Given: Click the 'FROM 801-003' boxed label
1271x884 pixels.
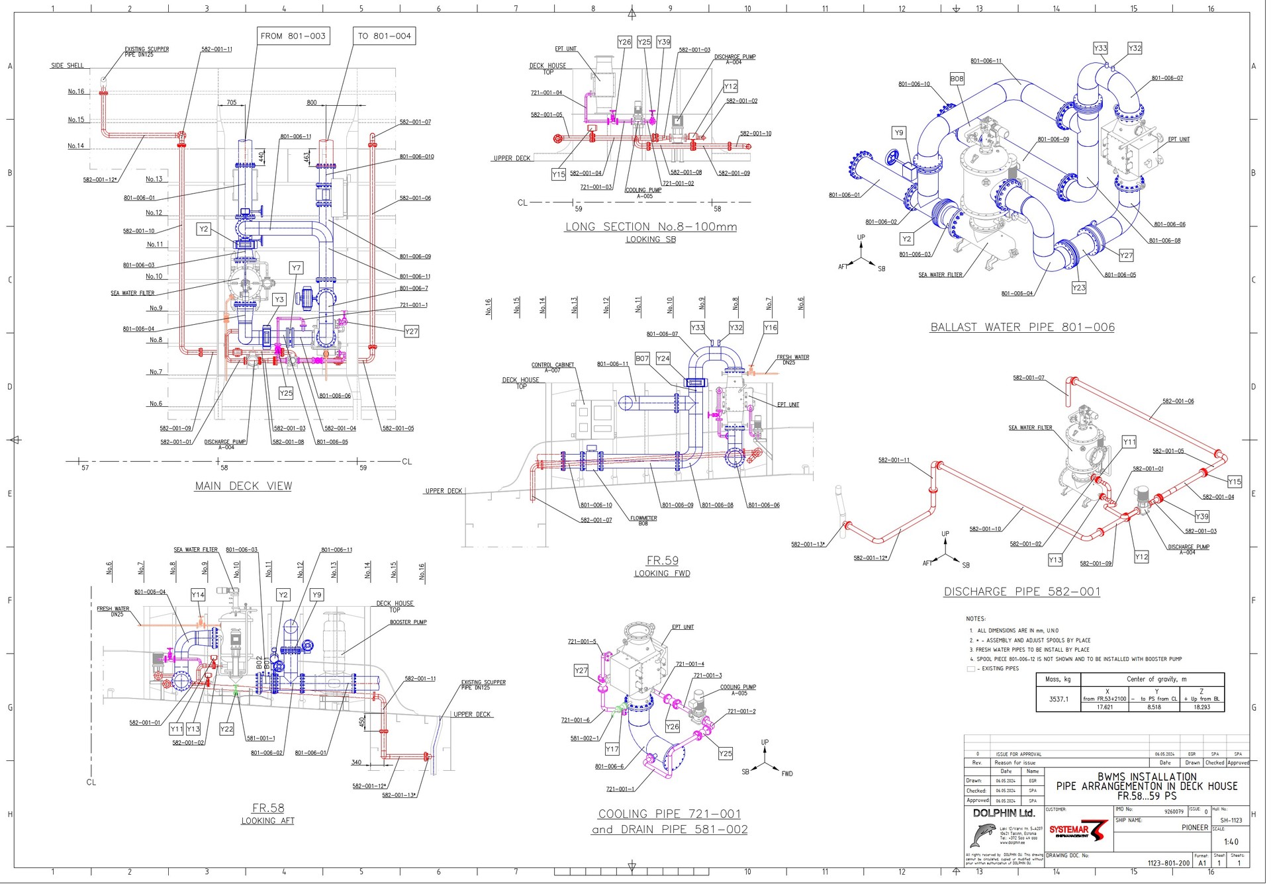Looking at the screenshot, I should pyautogui.click(x=293, y=36).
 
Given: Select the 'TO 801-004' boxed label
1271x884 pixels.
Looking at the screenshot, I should pyautogui.click(x=384, y=36).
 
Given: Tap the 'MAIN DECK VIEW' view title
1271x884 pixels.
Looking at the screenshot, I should pyautogui.click(x=243, y=486).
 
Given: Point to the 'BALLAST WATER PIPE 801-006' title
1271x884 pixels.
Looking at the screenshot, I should pyautogui.click(x=1022, y=327).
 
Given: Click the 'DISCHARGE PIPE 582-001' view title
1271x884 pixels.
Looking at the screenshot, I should pyautogui.click(x=1021, y=592).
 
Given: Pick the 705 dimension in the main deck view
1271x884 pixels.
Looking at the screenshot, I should pyautogui.click(x=231, y=103).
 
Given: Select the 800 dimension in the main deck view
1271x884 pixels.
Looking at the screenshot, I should pyautogui.click(x=312, y=103).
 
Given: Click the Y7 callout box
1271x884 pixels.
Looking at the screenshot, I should pyautogui.click(x=296, y=268).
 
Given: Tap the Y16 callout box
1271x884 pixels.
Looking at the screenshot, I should pyautogui.click(x=770, y=328).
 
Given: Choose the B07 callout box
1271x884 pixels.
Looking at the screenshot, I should pyautogui.click(x=642, y=358).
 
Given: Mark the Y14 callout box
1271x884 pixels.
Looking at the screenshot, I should pyautogui.click(x=198, y=595).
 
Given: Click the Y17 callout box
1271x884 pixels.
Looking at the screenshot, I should pyautogui.click(x=612, y=749).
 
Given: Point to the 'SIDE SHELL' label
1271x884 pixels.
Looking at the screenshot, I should pyautogui.click(x=68, y=66).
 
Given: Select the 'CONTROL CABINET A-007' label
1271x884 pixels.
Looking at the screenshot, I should pyautogui.click(x=553, y=367).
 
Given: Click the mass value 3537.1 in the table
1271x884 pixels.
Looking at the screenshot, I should pyautogui.click(x=1058, y=699).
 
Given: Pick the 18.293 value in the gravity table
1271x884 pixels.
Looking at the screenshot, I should pyautogui.click(x=1201, y=707).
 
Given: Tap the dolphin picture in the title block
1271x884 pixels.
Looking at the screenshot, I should pyautogui.click(x=983, y=836).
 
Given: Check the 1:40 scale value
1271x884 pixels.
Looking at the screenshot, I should pyautogui.click(x=1231, y=842).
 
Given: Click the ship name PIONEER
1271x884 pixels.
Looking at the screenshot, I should pyautogui.click(x=1194, y=827).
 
